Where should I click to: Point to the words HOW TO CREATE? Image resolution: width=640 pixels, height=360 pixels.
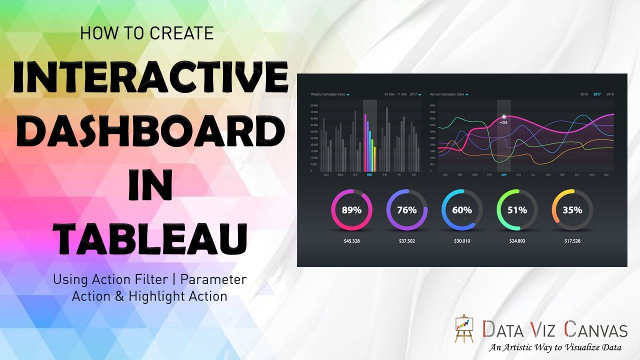click(146, 33)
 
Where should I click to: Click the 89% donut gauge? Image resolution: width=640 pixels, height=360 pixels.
click(351, 210)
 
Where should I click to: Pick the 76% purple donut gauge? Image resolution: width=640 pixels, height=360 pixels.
click(406, 210)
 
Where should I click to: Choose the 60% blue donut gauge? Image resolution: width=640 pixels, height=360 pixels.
click(461, 210)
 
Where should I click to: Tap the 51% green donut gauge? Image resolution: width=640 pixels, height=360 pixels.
click(517, 210)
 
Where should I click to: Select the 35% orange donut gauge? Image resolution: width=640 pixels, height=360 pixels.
click(572, 210)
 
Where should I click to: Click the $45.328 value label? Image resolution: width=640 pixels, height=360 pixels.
click(351, 241)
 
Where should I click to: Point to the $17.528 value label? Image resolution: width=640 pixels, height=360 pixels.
click(572, 241)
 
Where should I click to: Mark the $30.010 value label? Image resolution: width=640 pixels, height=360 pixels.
click(461, 241)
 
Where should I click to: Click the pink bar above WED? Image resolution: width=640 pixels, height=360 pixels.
click(365, 142)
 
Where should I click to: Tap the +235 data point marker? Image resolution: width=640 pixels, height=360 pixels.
click(503, 118)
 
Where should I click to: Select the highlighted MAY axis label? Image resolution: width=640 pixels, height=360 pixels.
click(503, 175)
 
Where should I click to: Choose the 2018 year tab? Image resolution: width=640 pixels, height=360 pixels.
click(609, 94)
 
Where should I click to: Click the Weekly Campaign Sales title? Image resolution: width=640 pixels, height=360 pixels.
click(327, 94)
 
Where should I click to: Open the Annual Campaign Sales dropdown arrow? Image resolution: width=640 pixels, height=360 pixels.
click(466, 94)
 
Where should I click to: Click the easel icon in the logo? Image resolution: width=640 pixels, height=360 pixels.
click(465, 329)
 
